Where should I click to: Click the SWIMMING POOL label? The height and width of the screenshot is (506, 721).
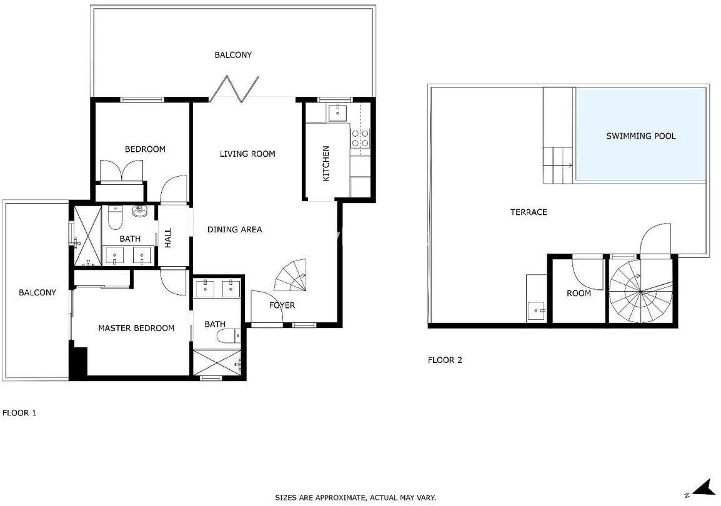pos(640,136)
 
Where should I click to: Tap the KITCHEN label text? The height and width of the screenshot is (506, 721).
pos(326,164)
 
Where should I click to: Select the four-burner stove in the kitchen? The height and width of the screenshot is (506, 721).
pos(360,138)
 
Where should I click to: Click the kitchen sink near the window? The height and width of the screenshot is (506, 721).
pos(338,112)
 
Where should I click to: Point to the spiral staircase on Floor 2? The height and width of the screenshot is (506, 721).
pos(640,291)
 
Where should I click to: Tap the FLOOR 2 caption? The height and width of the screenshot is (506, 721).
pos(445,360)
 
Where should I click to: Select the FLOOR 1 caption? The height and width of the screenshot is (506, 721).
pos(19,413)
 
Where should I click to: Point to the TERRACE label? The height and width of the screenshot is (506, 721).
pos(529,212)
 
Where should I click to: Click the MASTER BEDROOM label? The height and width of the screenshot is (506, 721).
pos(136,328)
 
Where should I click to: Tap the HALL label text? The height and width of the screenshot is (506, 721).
pos(168,238)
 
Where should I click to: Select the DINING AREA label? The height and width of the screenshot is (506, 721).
pos(234,229)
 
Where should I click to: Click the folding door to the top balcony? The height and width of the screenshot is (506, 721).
pos(234,88)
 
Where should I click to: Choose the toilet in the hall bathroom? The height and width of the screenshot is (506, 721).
pos(114,217)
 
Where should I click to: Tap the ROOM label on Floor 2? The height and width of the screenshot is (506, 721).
pos(579,293)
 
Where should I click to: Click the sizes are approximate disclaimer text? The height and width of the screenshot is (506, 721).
pos(356,498)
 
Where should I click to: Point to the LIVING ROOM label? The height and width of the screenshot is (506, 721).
pos(247,154)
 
